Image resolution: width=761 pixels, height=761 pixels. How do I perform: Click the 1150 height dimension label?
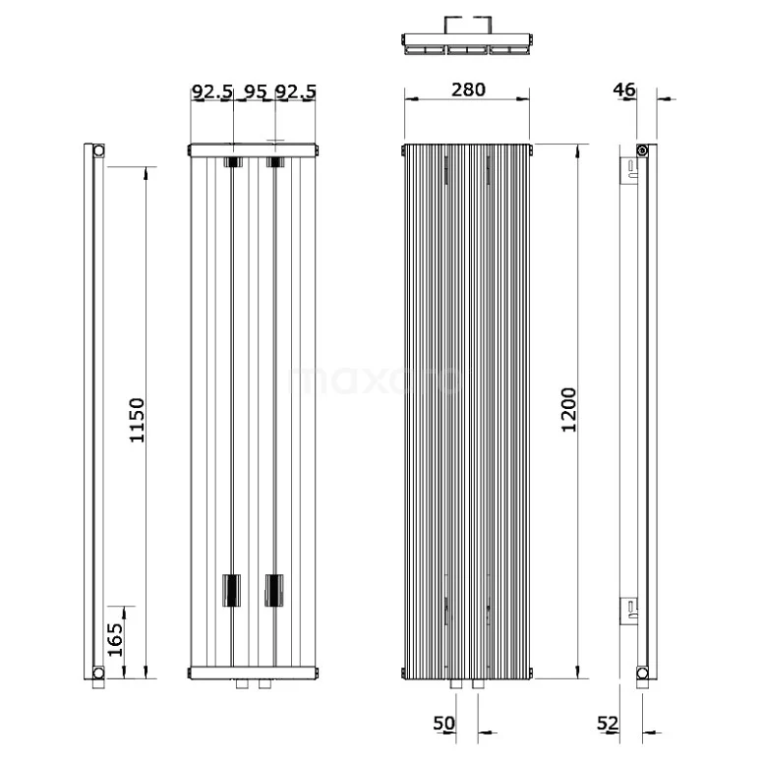point(137,420)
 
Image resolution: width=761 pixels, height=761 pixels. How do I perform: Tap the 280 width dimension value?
point(468,89)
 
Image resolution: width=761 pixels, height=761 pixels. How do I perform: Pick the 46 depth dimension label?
point(623,89)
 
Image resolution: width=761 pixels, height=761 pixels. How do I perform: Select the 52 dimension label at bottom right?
point(608,724)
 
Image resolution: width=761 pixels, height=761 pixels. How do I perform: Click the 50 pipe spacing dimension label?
point(444,724)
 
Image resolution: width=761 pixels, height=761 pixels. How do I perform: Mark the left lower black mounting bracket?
point(232,590)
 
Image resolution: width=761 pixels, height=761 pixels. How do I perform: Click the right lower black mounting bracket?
point(274,590)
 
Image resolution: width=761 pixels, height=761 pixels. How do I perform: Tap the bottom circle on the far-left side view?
point(98,673)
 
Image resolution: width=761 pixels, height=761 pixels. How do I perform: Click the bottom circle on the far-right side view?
point(641,673)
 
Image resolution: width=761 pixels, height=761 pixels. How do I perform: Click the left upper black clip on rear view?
point(232,161)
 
